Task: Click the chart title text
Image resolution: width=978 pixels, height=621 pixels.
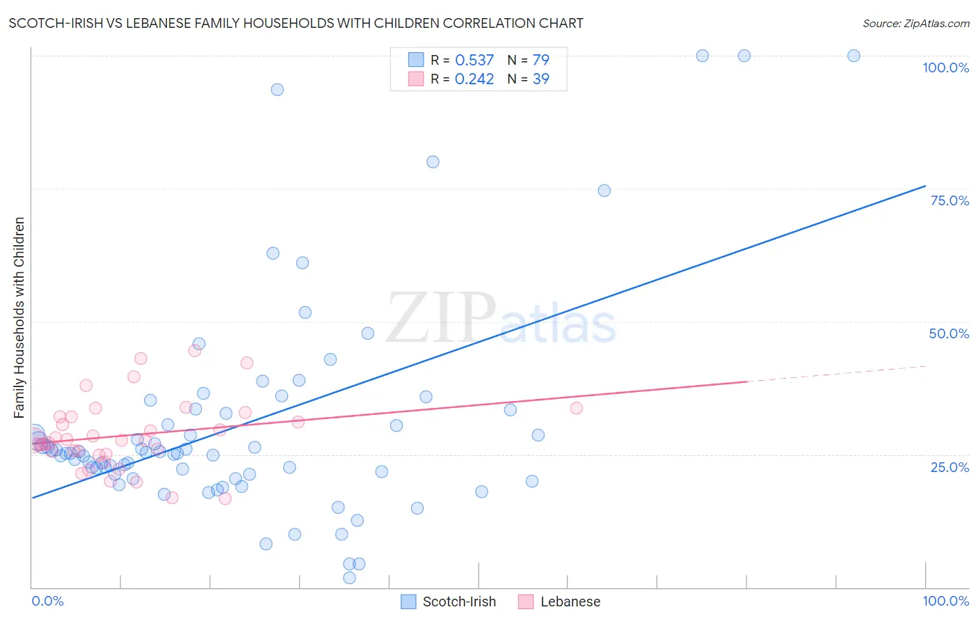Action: point(296,23)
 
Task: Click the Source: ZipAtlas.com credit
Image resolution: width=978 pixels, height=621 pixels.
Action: point(915,23)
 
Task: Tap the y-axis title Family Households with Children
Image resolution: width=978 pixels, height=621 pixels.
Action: point(19,317)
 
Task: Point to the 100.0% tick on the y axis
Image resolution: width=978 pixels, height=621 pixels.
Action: point(945,68)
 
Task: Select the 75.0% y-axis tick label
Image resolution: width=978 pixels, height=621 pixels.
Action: point(949,201)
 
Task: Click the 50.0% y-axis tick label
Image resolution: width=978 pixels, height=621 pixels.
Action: point(949,333)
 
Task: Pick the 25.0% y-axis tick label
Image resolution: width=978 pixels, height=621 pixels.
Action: point(949,467)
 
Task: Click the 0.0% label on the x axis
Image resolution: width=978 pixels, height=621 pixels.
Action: point(47,601)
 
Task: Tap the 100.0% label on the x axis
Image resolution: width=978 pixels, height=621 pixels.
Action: point(945,601)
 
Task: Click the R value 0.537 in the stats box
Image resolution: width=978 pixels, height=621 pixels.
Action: point(474,60)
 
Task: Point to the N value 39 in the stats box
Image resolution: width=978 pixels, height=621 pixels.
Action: point(540,79)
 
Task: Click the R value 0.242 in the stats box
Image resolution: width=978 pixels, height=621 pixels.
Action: point(474,79)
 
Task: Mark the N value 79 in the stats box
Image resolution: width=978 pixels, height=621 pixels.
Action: point(540,60)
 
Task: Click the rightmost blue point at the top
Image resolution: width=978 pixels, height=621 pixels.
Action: point(853,56)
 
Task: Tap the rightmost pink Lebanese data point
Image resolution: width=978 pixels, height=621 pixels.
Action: point(576,408)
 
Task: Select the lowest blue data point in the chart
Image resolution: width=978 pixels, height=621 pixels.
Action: point(349,578)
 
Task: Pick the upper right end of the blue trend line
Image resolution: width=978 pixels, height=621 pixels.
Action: point(924,186)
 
